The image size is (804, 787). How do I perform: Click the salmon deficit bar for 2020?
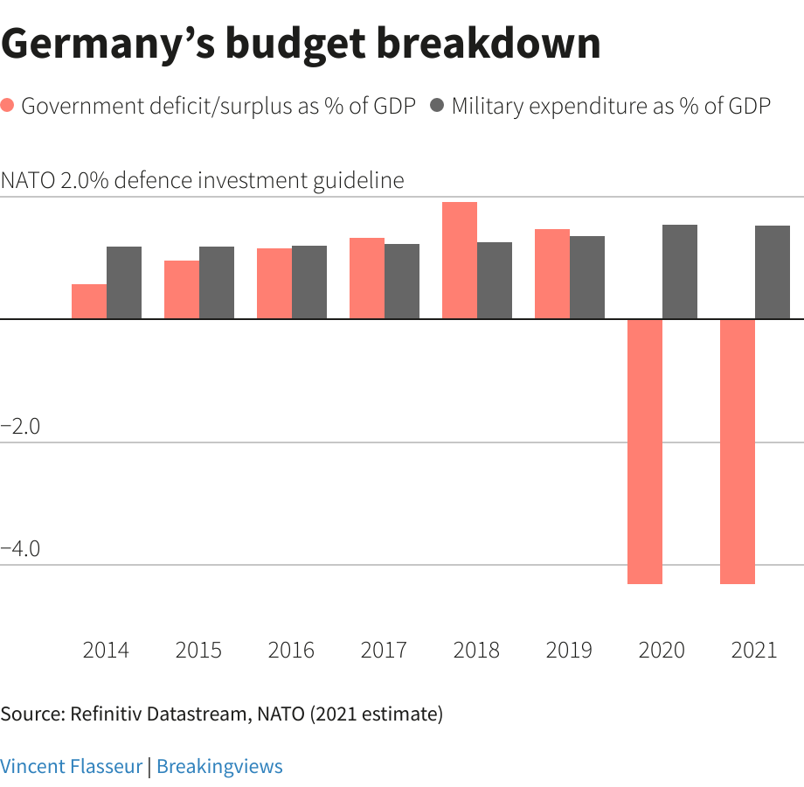point(645,451)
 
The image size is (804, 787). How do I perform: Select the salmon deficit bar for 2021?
point(738,451)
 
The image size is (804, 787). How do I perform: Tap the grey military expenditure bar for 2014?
point(124,282)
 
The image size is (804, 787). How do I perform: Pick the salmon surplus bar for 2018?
point(460,261)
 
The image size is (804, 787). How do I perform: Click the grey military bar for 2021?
point(773,272)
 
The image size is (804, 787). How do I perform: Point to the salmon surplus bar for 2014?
point(89,302)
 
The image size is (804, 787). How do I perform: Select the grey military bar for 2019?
point(587,277)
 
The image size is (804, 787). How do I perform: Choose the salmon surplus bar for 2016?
point(274,283)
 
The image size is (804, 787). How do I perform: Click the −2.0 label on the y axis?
point(21,427)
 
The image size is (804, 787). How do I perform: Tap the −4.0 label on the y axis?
point(21,549)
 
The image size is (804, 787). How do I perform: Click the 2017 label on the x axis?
point(384,651)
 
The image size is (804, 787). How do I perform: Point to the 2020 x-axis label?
point(662,651)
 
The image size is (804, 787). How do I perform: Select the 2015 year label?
point(198,651)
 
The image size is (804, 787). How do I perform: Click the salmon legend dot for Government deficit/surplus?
point(8,107)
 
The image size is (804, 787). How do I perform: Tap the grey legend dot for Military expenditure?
point(436,107)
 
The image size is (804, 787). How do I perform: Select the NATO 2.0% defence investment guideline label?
point(203,180)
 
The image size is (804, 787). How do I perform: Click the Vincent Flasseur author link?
point(71,767)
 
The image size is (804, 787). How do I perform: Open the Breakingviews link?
point(219,767)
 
